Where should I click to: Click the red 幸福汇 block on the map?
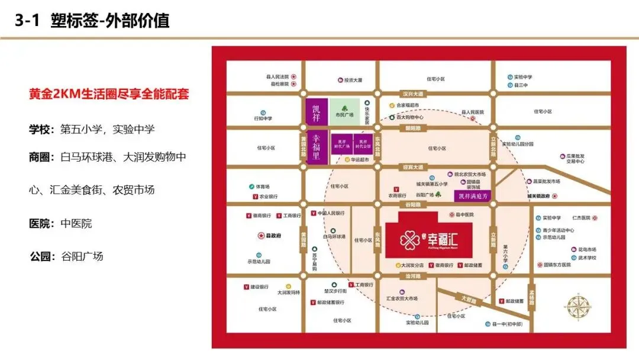[x=429, y=235]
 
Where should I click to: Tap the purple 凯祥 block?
[x=315, y=111]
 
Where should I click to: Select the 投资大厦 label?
[x=353, y=80]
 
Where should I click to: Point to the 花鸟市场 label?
[x=583, y=249]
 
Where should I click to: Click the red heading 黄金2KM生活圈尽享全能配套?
[x=109, y=95]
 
